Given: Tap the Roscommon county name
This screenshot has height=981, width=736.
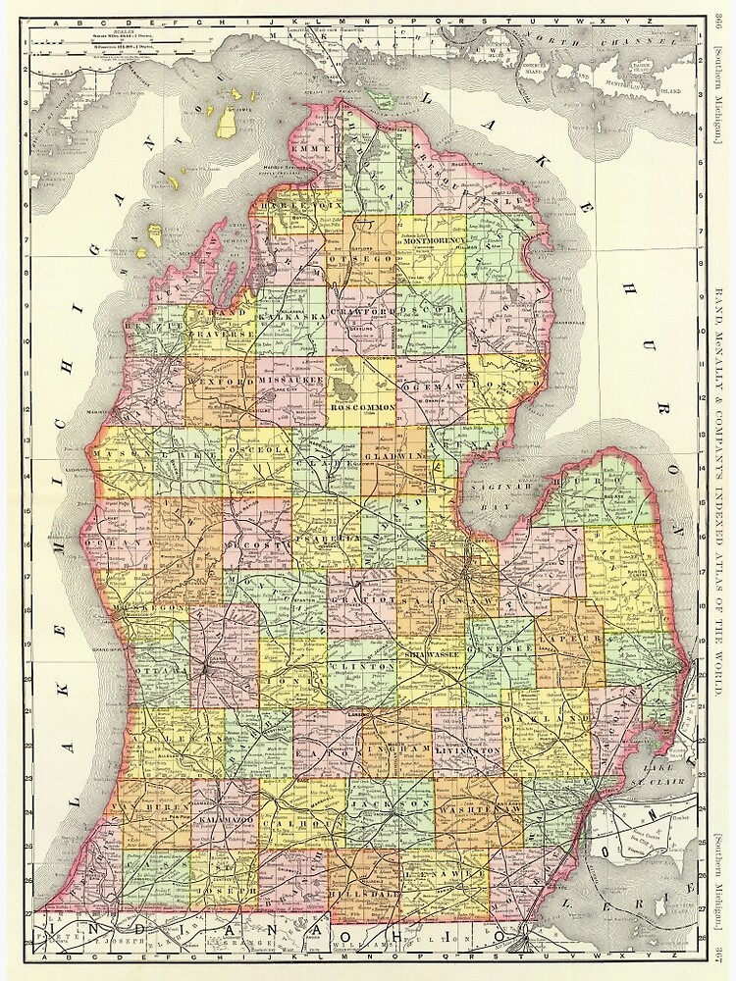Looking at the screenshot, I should [x=363, y=405].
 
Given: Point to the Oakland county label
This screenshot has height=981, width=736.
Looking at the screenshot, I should [x=536, y=719].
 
